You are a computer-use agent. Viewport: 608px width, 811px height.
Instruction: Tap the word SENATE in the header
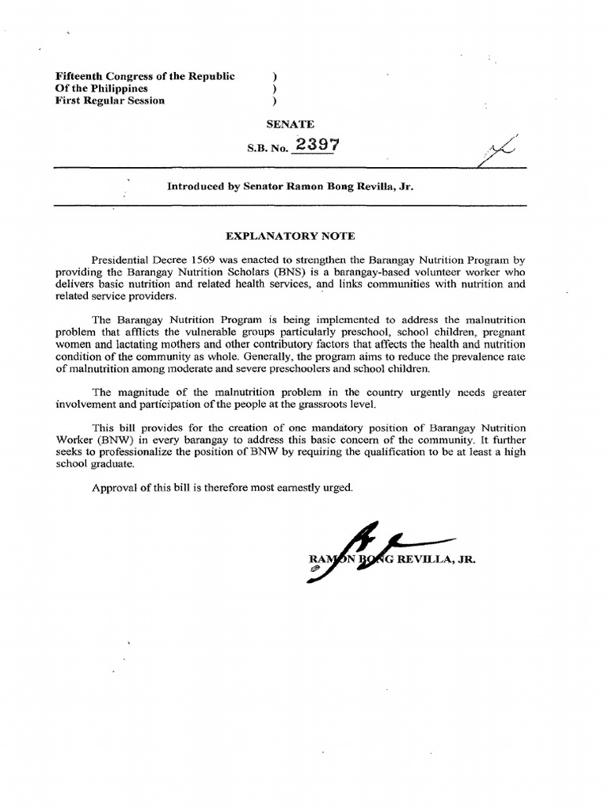click(292, 124)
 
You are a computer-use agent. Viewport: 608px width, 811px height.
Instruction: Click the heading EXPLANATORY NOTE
click(291, 236)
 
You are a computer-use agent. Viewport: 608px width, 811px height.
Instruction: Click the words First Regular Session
click(110, 101)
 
